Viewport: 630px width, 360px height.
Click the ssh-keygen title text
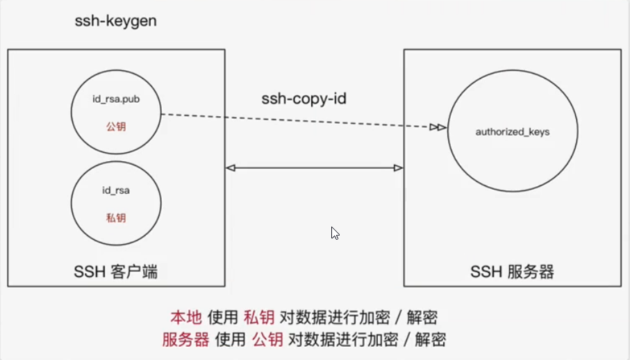click(x=115, y=21)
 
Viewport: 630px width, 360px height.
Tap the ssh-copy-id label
click(x=304, y=99)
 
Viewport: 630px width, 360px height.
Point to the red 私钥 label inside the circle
click(x=117, y=218)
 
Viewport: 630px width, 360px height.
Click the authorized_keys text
click(x=513, y=131)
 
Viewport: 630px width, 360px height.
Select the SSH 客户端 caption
click(x=116, y=272)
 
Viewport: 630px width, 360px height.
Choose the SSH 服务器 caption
click(x=513, y=272)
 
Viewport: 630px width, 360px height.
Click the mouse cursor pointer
click(x=335, y=234)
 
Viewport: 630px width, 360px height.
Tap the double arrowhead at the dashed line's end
click(x=438, y=127)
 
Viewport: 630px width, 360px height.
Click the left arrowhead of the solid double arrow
click(x=231, y=167)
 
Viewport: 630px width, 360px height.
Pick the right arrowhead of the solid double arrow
click(x=399, y=167)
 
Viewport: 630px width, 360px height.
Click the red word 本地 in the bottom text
click(x=186, y=318)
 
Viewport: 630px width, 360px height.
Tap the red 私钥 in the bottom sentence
click(x=260, y=318)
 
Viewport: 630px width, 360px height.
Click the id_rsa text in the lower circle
click(x=117, y=188)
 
